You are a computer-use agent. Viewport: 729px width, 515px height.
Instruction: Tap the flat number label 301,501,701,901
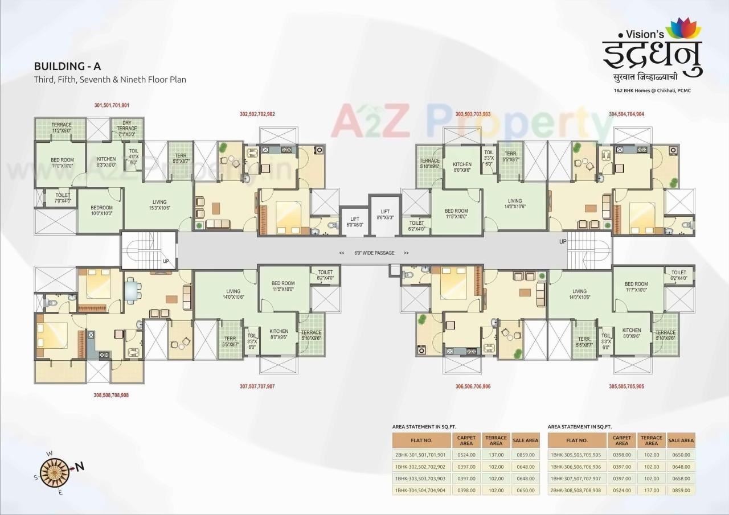coord(112,105)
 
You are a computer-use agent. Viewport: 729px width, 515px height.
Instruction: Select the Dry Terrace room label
coord(126,128)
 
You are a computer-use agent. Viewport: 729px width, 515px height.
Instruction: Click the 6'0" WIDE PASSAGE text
coord(374,253)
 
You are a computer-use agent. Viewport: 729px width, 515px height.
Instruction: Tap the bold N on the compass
coord(80,467)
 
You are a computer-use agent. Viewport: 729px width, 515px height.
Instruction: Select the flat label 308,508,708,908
coord(111,394)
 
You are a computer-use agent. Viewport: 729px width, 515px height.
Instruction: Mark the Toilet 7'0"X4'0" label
coord(63,197)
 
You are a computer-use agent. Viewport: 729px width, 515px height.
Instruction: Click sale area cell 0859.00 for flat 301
coord(525,455)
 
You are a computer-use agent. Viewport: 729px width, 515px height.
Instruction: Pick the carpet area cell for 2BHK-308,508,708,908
coord(621,490)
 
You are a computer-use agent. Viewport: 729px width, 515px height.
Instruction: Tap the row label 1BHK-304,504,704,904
coord(421,490)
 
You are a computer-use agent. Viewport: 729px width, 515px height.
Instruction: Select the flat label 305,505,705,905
coord(626,386)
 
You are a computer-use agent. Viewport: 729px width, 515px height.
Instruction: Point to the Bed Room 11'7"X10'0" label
coord(636,287)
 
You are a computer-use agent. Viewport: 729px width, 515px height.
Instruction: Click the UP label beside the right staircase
coord(563,242)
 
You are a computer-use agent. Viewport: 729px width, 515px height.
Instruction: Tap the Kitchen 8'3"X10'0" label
coord(107,162)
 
